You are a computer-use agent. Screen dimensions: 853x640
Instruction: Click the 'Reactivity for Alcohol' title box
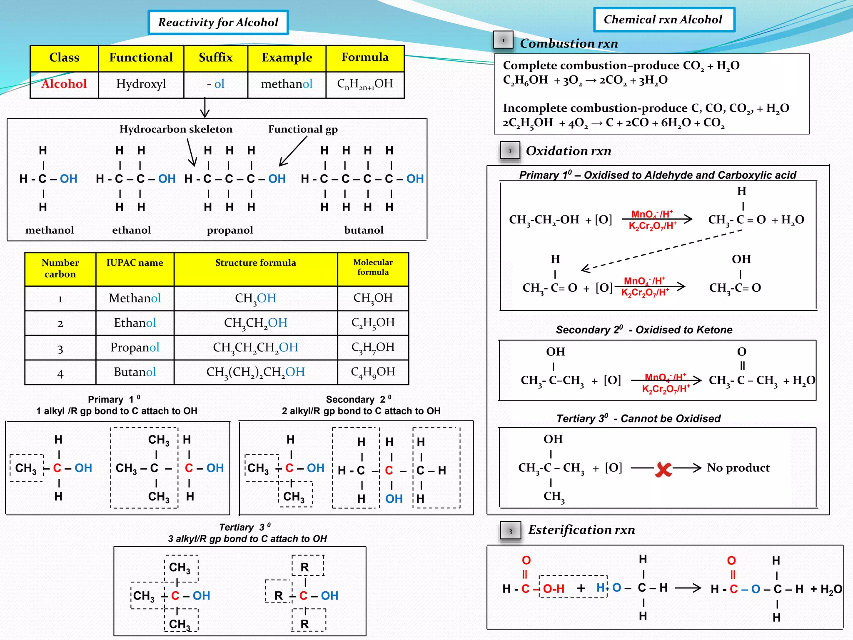(218, 22)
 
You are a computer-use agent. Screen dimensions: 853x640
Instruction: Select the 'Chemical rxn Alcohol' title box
(663, 20)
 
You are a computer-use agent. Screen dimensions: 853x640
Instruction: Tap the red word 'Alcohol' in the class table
(64, 84)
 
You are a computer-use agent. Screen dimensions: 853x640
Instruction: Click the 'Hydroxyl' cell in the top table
(141, 84)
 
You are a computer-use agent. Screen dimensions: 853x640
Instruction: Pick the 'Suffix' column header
(215, 57)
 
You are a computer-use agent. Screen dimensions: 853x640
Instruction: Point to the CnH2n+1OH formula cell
(365, 84)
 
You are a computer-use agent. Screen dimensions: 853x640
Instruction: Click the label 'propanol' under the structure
(230, 230)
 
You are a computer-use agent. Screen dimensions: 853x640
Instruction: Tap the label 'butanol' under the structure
(364, 230)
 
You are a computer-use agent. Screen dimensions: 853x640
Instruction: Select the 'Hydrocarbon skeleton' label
(176, 129)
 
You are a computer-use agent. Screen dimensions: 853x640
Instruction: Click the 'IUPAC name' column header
(135, 263)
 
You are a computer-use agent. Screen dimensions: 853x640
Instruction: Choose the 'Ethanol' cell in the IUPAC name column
(135, 322)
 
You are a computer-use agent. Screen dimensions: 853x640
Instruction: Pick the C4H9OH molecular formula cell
(373, 372)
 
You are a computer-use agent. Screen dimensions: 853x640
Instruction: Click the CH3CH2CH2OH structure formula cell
(255, 347)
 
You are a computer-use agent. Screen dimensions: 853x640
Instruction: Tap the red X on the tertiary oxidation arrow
(663, 469)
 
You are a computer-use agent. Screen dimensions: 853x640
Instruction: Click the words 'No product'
(738, 468)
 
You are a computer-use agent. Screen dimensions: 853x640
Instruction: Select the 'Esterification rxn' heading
(581, 530)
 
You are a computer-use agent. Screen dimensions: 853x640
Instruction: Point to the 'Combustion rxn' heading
(569, 43)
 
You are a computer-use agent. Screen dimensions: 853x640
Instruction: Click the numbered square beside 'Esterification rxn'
(510, 531)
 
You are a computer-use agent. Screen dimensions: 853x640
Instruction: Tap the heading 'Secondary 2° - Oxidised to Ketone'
(644, 330)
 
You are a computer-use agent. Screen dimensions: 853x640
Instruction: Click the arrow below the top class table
(205, 108)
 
